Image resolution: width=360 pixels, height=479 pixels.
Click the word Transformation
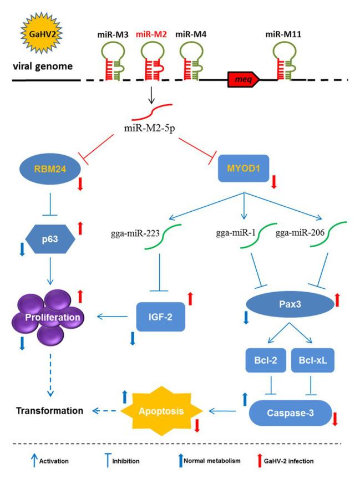48,411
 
